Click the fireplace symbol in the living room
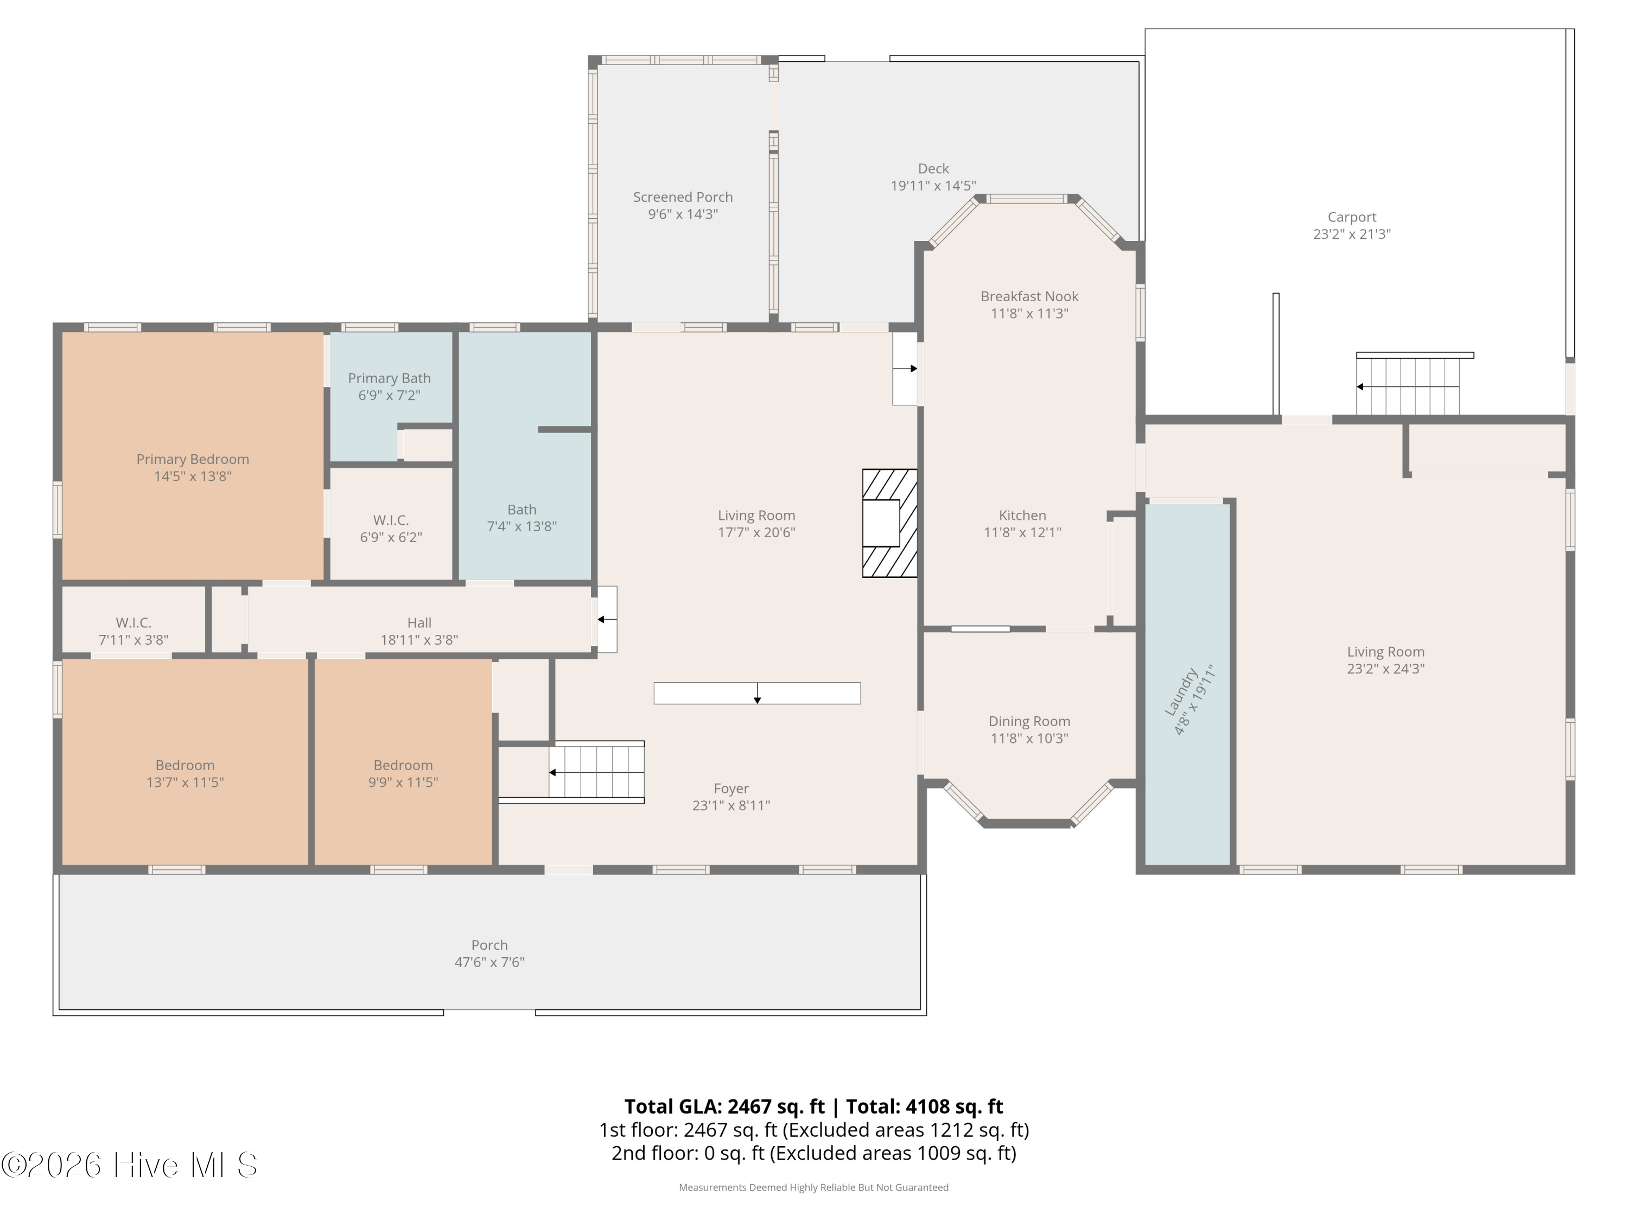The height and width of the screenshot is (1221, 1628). pos(890,523)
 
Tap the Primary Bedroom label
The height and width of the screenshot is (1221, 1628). pos(193,459)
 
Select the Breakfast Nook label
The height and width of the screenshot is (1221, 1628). pos(1029,297)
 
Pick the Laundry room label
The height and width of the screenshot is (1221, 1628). pos(1180,691)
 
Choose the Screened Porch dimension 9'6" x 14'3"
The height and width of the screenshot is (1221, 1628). pos(683,214)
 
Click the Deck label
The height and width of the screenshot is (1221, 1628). pos(933,169)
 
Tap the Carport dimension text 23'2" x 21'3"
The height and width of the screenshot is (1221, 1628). pos(1352,234)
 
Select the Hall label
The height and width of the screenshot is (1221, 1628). pos(419,622)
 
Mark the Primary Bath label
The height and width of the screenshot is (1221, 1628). pos(389,378)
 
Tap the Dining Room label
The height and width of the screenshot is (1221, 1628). pos(1029,721)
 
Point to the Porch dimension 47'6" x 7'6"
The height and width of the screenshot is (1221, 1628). pos(489,962)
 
